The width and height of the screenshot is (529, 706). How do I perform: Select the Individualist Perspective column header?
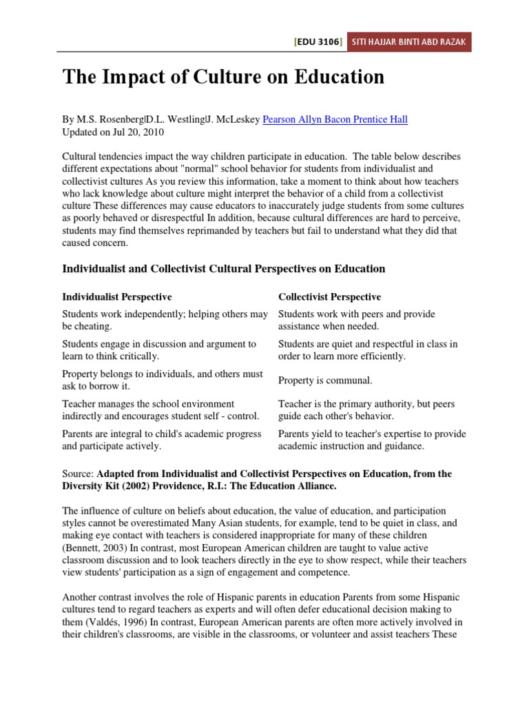click(x=117, y=297)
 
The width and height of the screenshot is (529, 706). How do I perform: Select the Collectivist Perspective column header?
click(x=329, y=297)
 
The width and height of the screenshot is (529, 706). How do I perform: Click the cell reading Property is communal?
click(x=325, y=380)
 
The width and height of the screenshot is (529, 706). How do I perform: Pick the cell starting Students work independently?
click(x=165, y=320)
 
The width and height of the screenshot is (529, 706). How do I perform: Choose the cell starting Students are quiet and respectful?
click(x=368, y=350)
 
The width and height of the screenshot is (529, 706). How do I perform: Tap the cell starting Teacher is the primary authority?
click(x=366, y=410)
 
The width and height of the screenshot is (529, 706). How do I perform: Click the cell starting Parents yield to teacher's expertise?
click(x=371, y=440)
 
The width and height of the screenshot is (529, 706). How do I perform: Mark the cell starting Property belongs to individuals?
click(x=163, y=380)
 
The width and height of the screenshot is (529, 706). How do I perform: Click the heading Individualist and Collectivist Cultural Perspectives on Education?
click(x=223, y=268)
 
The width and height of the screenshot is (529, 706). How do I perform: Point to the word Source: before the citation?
click(x=78, y=474)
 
